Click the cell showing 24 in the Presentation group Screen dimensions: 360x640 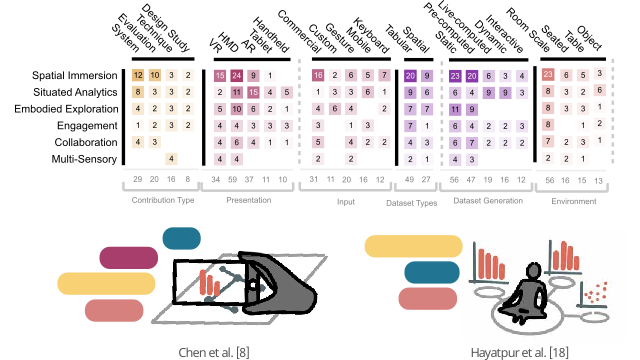tap(237, 75)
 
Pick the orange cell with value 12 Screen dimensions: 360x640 tap(137, 75)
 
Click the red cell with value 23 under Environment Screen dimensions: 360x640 tap(547, 75)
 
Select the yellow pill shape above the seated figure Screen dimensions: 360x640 tap(411, 245)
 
